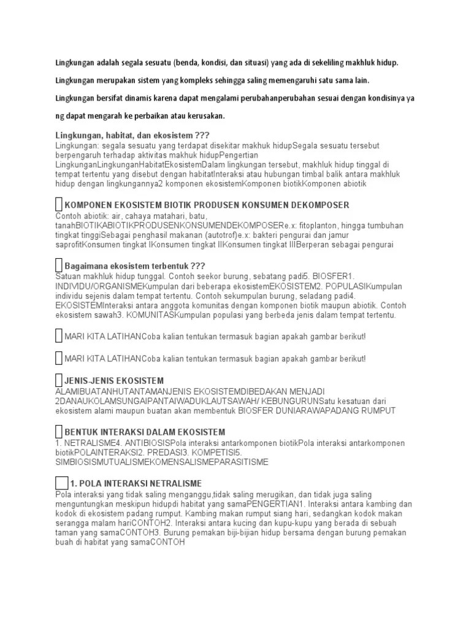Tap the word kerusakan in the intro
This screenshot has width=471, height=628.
click(205, 115)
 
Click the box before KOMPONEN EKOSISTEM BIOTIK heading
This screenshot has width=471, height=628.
click(59, 204)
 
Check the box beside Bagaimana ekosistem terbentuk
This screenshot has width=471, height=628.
click(59, 265)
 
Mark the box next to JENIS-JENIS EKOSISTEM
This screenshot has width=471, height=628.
click(59, 380)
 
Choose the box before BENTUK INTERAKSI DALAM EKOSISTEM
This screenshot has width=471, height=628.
click(59, 432)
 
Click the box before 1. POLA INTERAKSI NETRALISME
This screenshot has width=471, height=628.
click(61, 483)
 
